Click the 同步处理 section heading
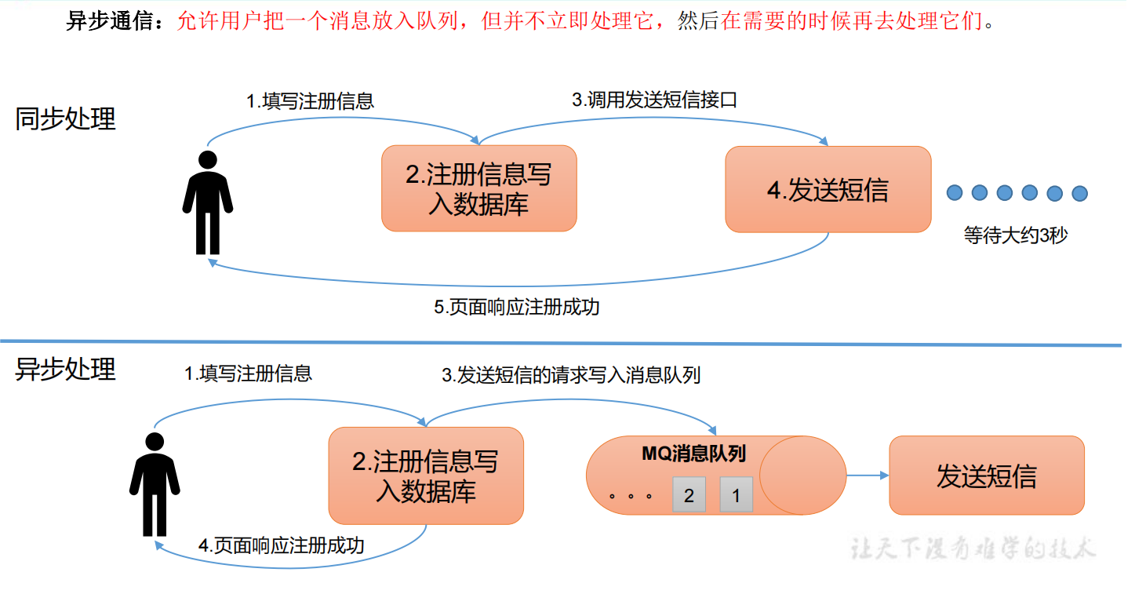(x=65, y=119)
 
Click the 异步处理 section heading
(x=65, y=369)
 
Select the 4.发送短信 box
(x=828, y=190)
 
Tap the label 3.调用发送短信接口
(x=654, y=100)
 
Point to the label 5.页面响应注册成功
(x=516, y=307)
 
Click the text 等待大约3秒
(x=1016, y=235)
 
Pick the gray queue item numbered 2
(x=689, y=494)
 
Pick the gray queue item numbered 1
(x=737, y=494)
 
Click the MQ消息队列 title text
(x=693, y=454)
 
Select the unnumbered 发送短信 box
(x=987, y=476)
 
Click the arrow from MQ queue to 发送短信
(x=868, y=476)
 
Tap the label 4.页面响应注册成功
(x=282, y=545)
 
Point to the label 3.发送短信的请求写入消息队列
(x=571, y=375)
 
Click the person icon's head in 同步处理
(x=208, y=159)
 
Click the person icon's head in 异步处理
(x=155, y=442)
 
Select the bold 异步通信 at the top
(x=110, y=21)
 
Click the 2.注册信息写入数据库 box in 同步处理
(x=478, y=188)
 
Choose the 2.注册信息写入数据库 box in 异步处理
(x=426, y=476)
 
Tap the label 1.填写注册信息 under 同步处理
(x=310, y=101)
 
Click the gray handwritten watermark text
(x=973, y=548)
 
